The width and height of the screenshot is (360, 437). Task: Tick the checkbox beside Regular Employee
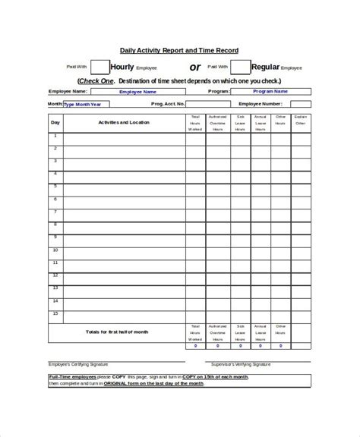(240, 68)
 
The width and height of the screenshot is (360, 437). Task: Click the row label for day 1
(55, 136)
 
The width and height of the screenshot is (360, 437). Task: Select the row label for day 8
(55, 224)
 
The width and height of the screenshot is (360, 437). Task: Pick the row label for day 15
(55, 313)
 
